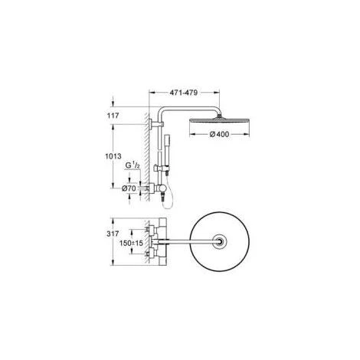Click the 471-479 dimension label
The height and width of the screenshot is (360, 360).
184,93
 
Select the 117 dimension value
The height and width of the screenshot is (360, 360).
113,116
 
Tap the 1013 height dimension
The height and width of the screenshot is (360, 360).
113,156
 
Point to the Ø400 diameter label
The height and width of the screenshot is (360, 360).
219,134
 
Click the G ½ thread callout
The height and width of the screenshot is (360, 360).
133,165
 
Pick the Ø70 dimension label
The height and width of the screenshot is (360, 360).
129,188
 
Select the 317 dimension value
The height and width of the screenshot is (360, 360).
113,234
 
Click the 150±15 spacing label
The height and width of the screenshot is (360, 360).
131,243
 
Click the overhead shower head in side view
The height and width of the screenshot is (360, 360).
219,120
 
